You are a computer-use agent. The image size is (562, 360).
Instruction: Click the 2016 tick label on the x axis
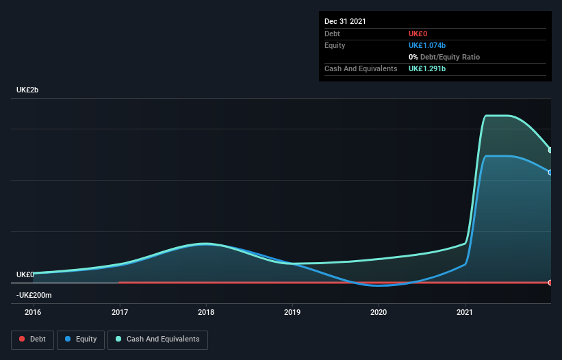[x=33, y=312]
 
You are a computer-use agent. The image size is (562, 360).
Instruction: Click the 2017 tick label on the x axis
[x=120, y=312]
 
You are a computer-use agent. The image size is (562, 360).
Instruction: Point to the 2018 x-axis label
[x=206, y=312]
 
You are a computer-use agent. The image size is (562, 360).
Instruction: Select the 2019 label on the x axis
[x=292, y=312]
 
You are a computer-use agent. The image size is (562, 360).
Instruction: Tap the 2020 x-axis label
[x=379, y=312]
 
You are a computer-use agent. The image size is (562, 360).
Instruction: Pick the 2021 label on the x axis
[x=465, y=312]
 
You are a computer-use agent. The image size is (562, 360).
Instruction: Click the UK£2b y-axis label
[x=28, y=90]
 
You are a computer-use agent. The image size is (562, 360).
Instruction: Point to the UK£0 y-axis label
[x=25, y=274]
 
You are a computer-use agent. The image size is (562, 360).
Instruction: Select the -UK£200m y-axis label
[x=34, y=295]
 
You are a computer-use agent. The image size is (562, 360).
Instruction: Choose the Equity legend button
[x=81, y=339]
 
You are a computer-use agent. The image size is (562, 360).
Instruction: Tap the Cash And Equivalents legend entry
[x=157, y=339]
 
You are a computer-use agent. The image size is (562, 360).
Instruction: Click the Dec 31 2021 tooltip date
[x=345, y=21]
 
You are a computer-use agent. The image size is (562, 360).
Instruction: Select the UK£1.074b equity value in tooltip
[x=427, y=45]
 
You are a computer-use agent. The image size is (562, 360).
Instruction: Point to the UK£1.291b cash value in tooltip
[x=427, y=68]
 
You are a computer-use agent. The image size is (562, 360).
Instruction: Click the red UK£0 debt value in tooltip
[x=418, y=34]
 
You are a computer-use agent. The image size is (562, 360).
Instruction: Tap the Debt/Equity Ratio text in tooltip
[x=448, y=57]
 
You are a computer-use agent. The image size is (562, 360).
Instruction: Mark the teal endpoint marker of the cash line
[x=550, y=150]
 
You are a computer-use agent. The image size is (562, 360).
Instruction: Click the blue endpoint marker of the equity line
[x=550, y=172]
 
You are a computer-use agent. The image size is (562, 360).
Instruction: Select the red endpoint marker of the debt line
[x=550, y=283]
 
